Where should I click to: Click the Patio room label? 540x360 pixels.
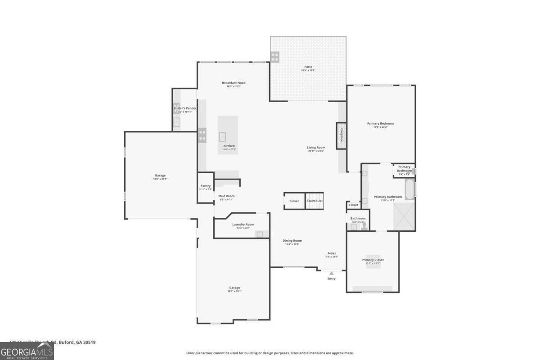coord(308,67)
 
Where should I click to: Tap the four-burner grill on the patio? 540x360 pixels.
coord(274,57)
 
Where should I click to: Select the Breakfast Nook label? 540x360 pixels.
coord(234,83)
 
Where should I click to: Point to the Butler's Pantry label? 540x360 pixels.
coord(184,108)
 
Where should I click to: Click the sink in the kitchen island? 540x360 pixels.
coord(223,137)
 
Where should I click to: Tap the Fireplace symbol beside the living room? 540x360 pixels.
coord(342,135)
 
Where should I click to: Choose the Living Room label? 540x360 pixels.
coord(316,148)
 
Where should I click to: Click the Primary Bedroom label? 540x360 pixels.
coord(380,124)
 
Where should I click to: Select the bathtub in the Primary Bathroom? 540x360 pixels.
coord(409,190)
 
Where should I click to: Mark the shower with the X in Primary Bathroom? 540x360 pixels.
coord(404,216)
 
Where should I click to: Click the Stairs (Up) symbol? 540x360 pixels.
coord(315,201)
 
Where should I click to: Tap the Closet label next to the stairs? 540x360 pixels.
coord(294,201)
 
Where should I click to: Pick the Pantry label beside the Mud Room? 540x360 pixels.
coord(205,186)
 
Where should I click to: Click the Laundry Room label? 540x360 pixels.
coord(243,225)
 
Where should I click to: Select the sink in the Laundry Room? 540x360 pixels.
coord(259,234)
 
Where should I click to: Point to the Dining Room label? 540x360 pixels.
coord(292,241)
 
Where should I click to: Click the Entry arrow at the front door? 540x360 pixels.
coord(332,273)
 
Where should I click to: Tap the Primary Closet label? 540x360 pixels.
coord(373,260)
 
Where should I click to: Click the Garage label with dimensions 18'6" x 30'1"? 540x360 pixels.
coord(234,288)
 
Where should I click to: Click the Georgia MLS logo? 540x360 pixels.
coord(27,351)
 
